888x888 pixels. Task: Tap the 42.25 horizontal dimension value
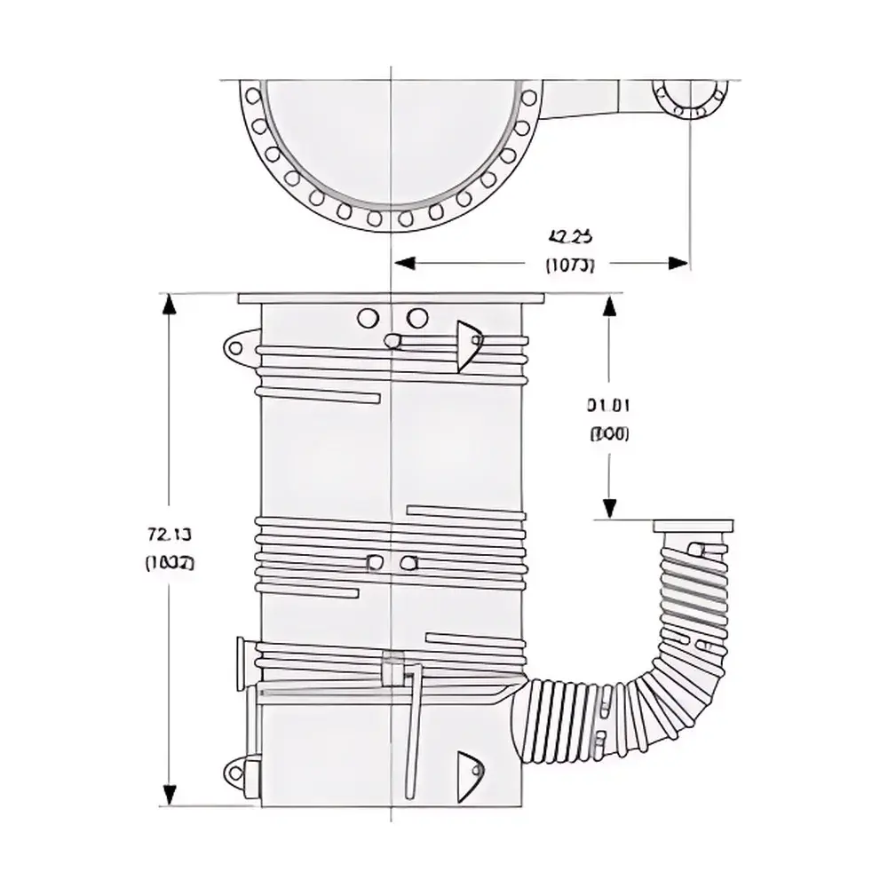click(571, 236)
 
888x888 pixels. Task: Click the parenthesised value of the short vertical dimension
click(608, 434)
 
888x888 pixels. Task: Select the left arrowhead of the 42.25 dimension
click(405, 263)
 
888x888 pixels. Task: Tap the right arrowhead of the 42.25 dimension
click(679, 263)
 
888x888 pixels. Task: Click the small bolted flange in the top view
click(690, 96)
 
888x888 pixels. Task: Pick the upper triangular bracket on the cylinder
click(467, 345)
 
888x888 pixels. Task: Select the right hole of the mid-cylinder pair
click(408, 562)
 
